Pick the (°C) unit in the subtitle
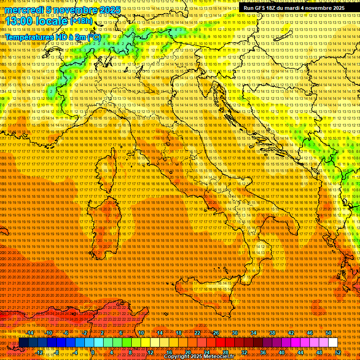click(x=93, y=37)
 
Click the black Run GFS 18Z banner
click(x=294, y=7)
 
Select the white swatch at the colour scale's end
click(x=333, y=343)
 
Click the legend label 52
click(x=337, y=352)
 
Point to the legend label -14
click(x=30, y=333)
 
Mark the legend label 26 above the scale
click(x=216, y=333)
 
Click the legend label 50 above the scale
click(x=328, y=333)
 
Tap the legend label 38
click(x=272, y=333)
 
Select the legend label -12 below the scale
click(x=39, y=352)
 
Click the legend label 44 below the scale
click(x=300, y=352)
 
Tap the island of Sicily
click(x=206, y=291)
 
